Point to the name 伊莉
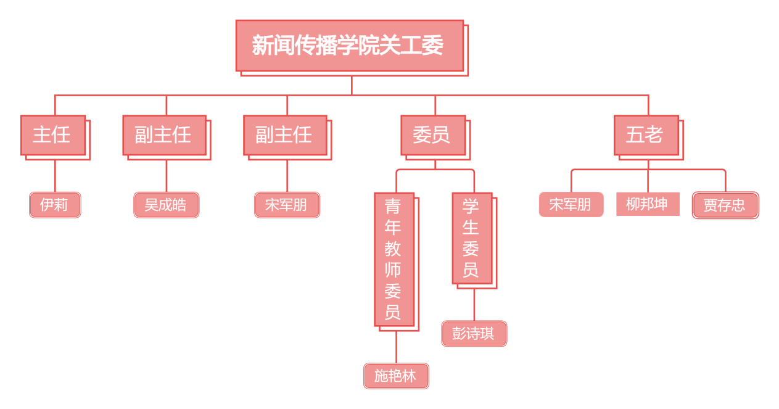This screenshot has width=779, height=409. click(x=55, y=205)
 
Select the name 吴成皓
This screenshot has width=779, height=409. click(x=167, y=205)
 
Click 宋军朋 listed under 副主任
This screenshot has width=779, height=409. click(x=287, y=205)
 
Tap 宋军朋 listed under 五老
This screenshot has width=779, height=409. click(x=571, y=205)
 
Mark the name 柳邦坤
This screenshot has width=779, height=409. click(x=648, y=204)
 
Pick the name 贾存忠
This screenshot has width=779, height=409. click(x=725, y=205)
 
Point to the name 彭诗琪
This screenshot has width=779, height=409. click(x=474, y=334)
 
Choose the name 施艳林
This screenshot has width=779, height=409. click(x=397, y=376)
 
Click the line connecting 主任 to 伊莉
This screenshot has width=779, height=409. click(x=56, y=176)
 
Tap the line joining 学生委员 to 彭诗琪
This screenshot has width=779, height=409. click(x=474, y=305)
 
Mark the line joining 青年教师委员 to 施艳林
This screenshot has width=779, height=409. click(x=397, y=347)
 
